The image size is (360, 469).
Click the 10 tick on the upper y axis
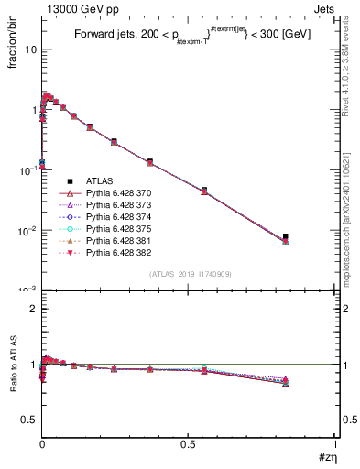(x=30, y=49)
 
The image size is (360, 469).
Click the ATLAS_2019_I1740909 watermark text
(x=189, y=274)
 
